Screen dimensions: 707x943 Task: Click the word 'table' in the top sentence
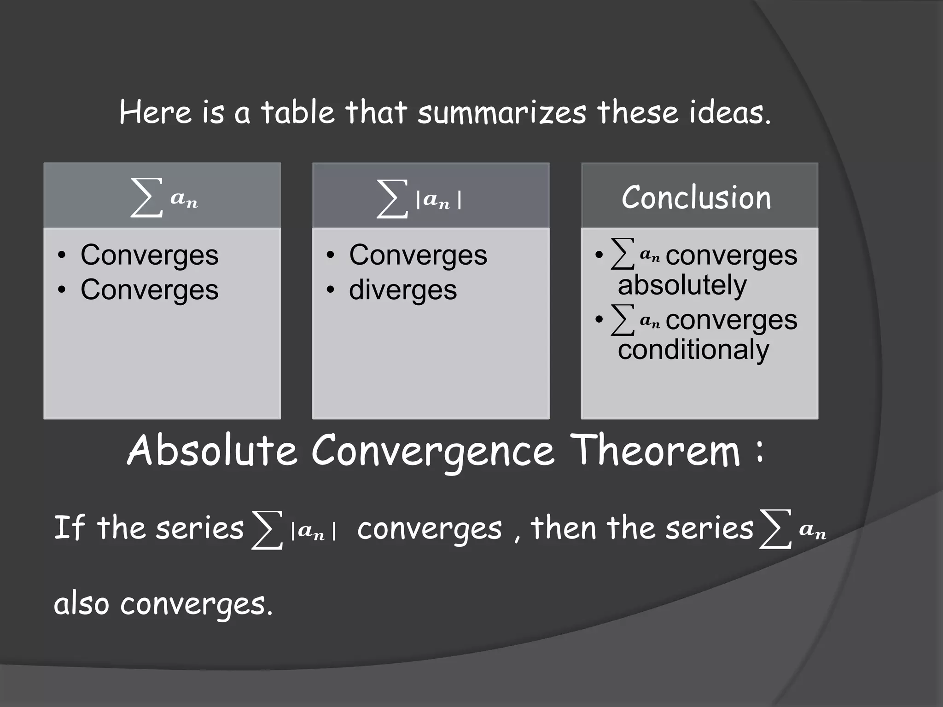point(297,112)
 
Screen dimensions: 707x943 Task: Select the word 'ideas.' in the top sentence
point(730,112)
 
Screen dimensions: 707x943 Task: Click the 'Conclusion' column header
point(696,198)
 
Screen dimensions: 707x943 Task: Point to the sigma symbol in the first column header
point(146,198)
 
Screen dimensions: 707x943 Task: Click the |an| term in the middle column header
point(438,201)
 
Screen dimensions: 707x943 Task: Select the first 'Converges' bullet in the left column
point(149,255)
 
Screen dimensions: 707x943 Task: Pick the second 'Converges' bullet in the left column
point(149,290)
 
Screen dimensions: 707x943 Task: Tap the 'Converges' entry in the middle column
point(418,255)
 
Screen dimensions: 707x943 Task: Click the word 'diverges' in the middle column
point(403,290)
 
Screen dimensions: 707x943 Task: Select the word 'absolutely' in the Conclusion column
point(682,285)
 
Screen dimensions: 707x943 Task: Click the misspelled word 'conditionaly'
point(693,350)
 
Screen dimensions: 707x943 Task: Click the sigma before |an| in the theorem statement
point(267,530)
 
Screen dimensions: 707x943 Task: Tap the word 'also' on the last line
point(81,604)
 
